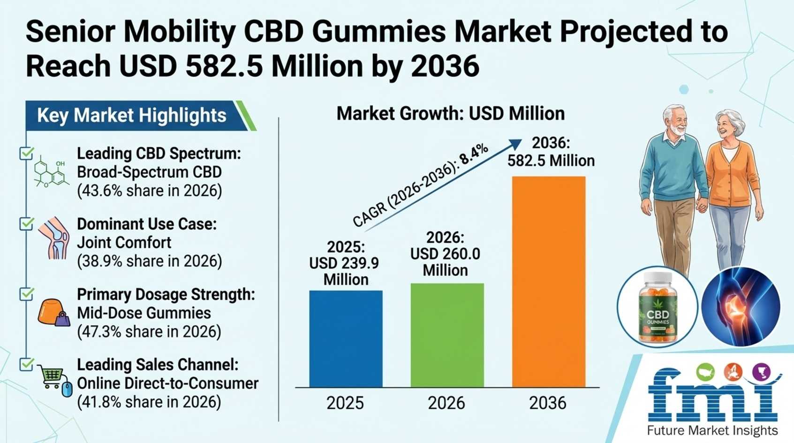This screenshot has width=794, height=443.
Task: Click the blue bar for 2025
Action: click(346, 339)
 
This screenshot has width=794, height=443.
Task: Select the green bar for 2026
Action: click(447, 335)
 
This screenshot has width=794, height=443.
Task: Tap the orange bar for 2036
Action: click(549, 282)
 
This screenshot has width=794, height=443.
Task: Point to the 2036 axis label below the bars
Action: click(548, 403)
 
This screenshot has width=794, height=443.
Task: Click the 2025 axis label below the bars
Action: click(345, 403)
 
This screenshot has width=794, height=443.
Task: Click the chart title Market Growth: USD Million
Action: click(451, 114)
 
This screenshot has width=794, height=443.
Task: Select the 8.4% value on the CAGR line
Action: click(474, 155)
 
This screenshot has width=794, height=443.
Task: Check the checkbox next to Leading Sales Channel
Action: click(26, 364)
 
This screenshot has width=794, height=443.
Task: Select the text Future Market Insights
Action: click(712, 431)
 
